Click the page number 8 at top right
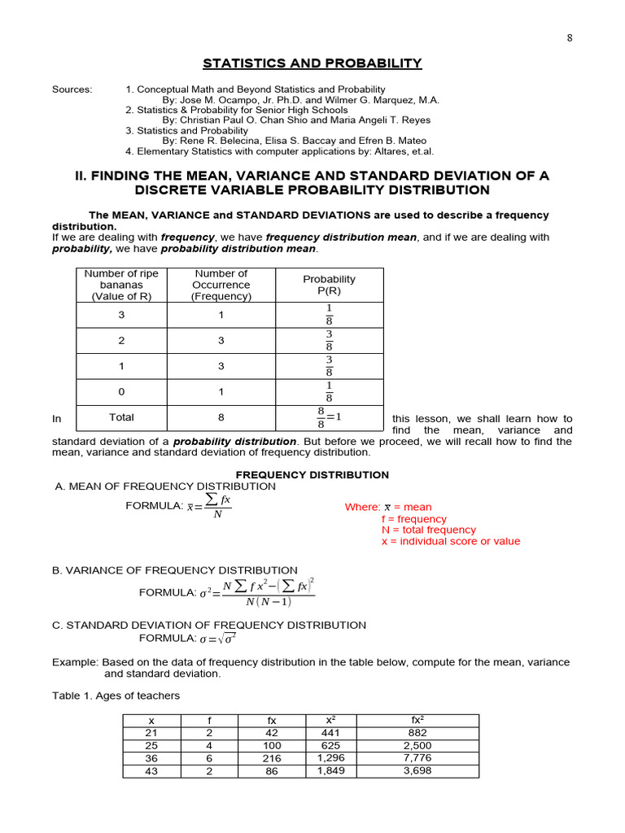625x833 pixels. pos(570,37)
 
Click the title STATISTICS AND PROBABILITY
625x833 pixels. pos(312,63)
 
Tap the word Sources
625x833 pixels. pos(72,89)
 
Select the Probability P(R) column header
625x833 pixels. pos(329,285)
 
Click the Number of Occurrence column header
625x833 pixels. pos(221,285)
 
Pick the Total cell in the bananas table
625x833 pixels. pos(121,417)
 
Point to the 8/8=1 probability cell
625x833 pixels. pos(329,418)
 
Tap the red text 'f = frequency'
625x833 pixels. pos(413,519)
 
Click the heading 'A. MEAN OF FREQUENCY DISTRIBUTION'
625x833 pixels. pos(165,486)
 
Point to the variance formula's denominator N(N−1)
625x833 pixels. pos(268,602)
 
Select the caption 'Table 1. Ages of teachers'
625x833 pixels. pos(116,696)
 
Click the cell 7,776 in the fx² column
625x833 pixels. pos(417,758)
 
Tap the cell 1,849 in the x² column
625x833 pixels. pos(331,771)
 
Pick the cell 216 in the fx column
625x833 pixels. pos(271,758)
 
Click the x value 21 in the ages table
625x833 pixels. pos(151,732)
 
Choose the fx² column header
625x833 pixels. pos(417,720)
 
